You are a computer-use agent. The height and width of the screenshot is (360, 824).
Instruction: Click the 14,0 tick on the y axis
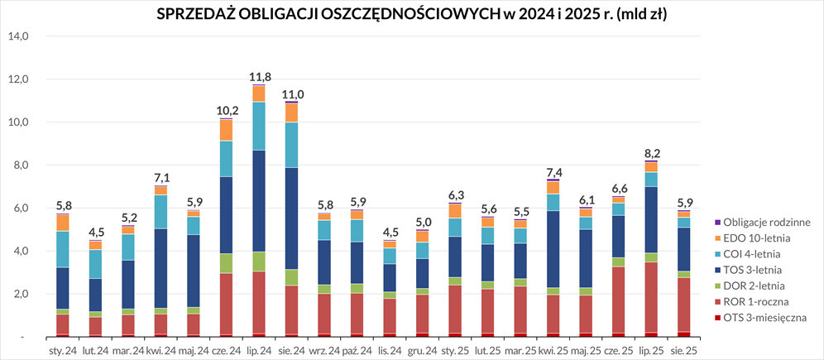click(18, 36)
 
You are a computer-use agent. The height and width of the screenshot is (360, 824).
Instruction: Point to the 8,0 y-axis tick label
click(18, 166)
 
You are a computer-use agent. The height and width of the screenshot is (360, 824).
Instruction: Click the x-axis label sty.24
click(64, 351)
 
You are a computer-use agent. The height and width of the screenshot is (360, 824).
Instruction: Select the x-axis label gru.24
click(422, 351)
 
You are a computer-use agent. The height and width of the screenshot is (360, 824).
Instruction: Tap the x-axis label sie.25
click(683, 351)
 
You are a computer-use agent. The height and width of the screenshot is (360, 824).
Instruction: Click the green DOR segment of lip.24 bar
click(259, 262)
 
